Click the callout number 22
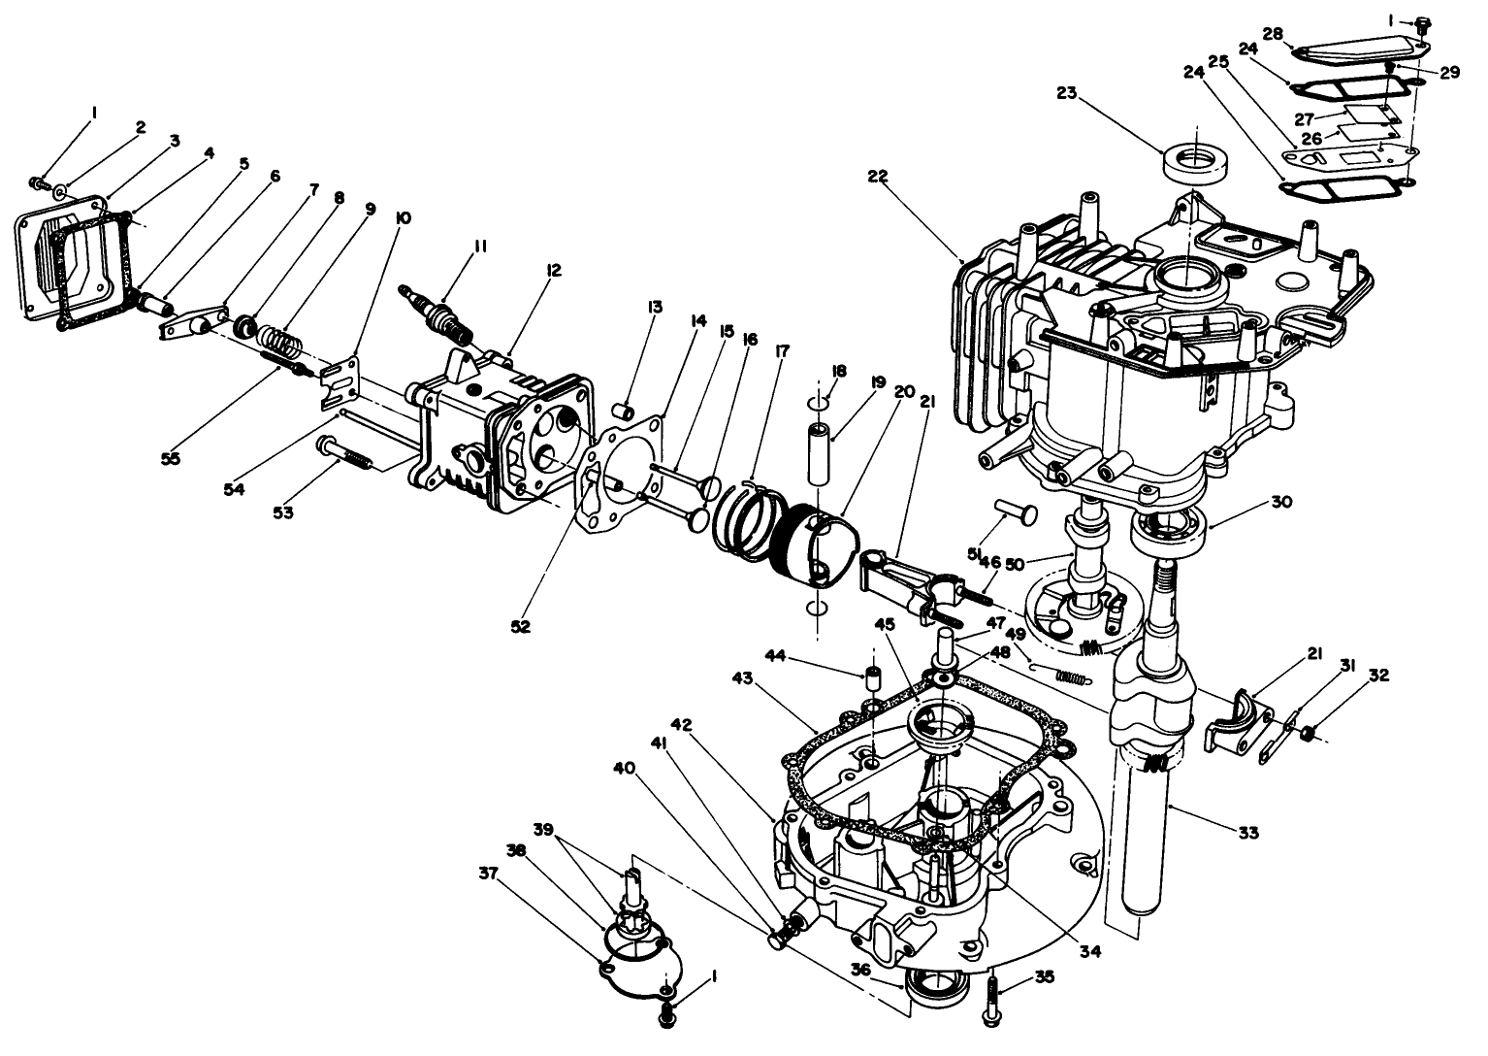click(878, 177)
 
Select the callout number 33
click(1248, 832)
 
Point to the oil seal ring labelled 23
click(1194, 165)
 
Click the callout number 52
click(521, 626)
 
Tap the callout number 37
click(488, 874)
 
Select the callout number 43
click(743, 678)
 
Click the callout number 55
click(171, 458)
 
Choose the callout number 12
click(553, 271)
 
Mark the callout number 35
click(1045, 977)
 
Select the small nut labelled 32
click(1306, 733)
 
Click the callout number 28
click(1274, 34)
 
